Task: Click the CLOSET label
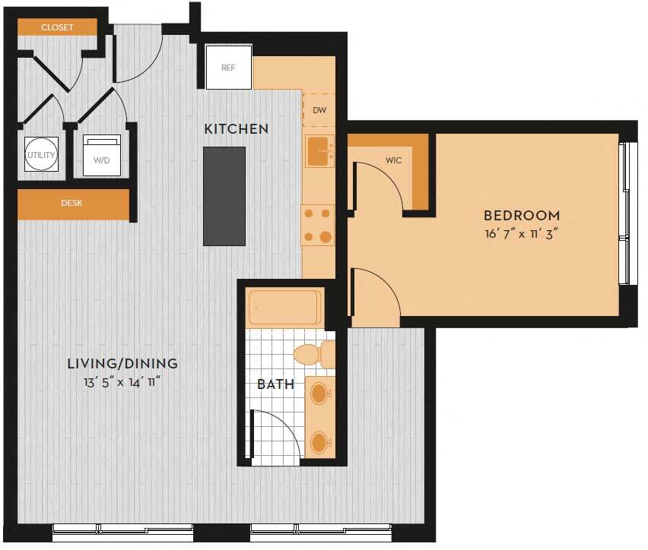(58, 27)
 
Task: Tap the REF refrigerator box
(228, 67)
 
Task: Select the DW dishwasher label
(319, 111)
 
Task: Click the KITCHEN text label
(236, 129)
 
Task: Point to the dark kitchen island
(224, 196)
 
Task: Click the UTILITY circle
(41, 155)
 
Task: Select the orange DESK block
(73, 204)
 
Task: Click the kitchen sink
(319, 151)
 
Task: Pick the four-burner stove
(317, 226)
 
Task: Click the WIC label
(394, 161)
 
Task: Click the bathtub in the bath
(284, 308)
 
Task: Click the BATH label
(275, 384)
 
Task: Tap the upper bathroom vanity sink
(321, 394)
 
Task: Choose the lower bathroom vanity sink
(321, 441)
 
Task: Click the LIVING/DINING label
(122, 364)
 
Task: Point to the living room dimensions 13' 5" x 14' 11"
(122, 383)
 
